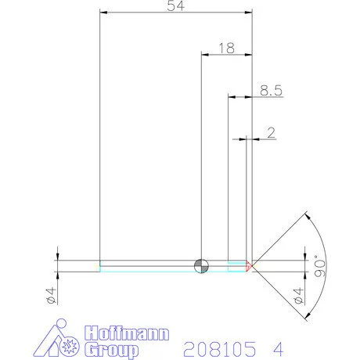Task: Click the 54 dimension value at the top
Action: [x=177, y=6]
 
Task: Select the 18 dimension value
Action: [x=227, y=48]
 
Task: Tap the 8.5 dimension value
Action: [x=270, y=91]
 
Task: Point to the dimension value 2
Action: [x=271, y=133]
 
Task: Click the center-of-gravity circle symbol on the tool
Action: [x=201, y=266]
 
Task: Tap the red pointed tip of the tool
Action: [x=249, y=266]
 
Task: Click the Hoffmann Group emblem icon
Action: [x=60, y=339]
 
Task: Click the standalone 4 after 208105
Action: [x=278, y=346]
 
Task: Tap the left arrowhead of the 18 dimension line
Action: [x=205, y=55]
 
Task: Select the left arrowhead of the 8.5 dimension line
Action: [x=232, y=97]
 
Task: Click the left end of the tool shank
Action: [x=100, y=266]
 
